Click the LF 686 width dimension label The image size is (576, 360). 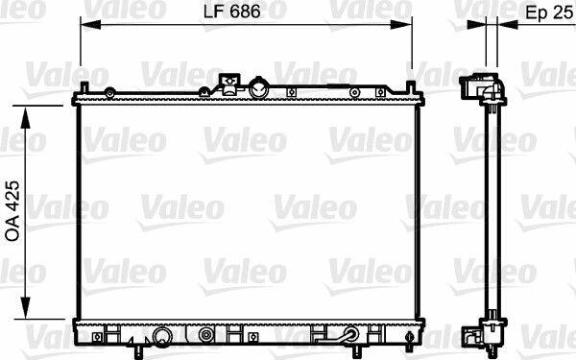pyautogui.click(x=231, y=12)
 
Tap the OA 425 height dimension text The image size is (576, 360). pyautogui.click(x=12, y=211)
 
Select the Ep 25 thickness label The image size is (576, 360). pyautogui.click(x=549, y=12)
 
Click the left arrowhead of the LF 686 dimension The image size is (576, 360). pyautogui.click(x=90, y=25)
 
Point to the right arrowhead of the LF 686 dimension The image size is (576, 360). pyautogui.click(x=401, y=25)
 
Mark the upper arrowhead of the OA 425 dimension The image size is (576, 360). pyautogui.click(x=25, y=117)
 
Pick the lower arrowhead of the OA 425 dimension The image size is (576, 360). pyautogui.click(x=25, y=308)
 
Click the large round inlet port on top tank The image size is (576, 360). pyautogui.click(x=259, y=88)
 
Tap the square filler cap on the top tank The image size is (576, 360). pyautogui.click(x=229, y=84)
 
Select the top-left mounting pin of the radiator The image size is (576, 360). pyautogui.click(x=84, y=87)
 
